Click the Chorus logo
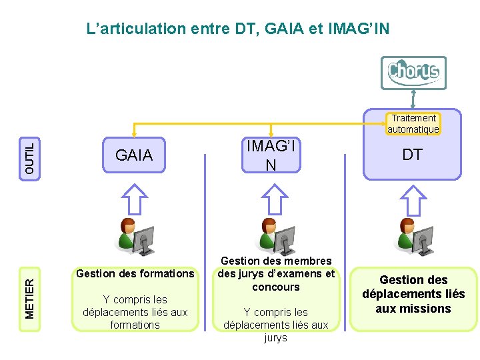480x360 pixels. click(413, 72)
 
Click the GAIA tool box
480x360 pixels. click(134, 155)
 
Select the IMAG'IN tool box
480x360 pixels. click(270, 155)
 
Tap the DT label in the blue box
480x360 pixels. click(413, 155)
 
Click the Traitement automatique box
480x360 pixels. click(413, 123)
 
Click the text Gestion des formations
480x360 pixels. click(135, 273)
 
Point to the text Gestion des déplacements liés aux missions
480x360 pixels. click(413, 294)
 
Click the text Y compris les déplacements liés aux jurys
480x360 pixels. click(276, 325)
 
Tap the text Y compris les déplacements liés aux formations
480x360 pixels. click(135, 312)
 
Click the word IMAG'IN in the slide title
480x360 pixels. click(360, 29)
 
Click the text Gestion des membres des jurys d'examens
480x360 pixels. click(276, 273)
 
